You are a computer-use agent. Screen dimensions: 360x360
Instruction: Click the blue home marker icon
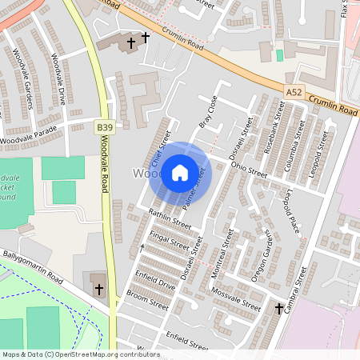180,173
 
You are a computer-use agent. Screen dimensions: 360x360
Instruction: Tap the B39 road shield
104,126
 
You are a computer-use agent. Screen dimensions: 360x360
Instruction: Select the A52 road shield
294,94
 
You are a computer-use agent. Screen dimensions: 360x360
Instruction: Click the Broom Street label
147,300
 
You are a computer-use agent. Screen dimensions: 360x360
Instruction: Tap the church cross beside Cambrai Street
280,308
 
